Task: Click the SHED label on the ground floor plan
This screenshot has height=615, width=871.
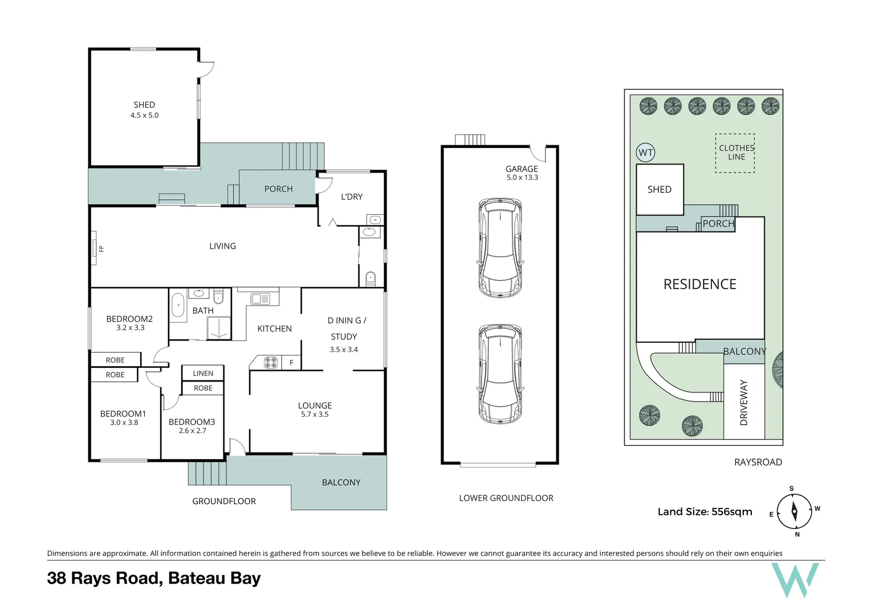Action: coord(144,105)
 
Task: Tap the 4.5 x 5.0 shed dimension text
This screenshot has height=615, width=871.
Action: coord(144,115)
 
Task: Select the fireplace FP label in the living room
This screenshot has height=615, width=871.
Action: coord(101,249)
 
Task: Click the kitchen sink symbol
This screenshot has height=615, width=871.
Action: coord(261,298)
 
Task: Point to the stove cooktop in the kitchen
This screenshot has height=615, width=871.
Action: coord(271,363)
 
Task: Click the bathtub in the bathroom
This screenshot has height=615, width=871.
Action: coord(178,305)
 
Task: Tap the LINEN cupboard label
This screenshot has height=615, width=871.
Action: coord(203,374)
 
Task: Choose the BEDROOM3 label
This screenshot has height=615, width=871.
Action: coord(192,421)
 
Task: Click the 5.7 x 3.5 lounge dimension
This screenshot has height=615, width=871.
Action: coord(315,414)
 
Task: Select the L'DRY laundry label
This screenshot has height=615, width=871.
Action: coord(352,196)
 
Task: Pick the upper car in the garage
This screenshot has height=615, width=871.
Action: coord(500,248)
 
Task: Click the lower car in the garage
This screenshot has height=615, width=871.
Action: coord(500,374)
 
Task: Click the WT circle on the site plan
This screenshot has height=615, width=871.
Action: coord(645,153)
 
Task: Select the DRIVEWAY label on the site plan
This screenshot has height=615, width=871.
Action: coord(744,403)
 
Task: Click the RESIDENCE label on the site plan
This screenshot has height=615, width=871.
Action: coord(699,284)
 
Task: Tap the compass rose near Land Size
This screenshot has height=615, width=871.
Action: coord(794,511)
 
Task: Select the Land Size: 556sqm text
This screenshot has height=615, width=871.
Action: coord(705,512)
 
